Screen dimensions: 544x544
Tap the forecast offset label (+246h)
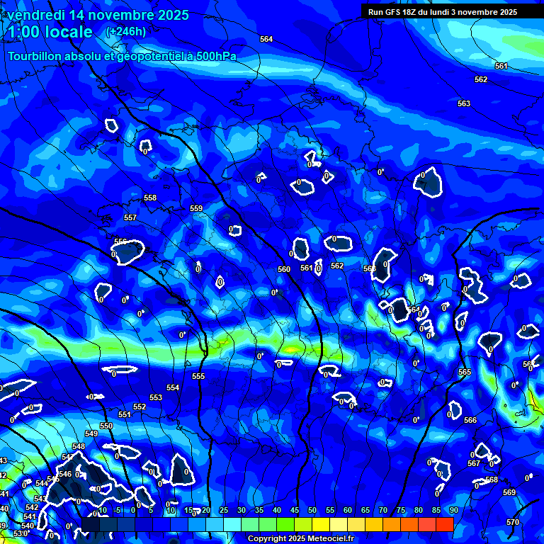[x=126, y=31]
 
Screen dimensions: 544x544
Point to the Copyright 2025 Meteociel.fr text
[x=300, y=538]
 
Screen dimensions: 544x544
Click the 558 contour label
[x=150, y=198]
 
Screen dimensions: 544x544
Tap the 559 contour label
[x=196, y=208]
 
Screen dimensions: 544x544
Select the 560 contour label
[x=284, y=269]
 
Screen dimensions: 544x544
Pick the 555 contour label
[x=198, y=376]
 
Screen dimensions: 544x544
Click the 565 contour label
[x=465, y=372]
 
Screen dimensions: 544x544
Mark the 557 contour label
[x=130, y=217]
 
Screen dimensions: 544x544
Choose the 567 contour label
[x=474, y=463]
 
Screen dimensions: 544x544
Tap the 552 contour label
[x=140, y=407]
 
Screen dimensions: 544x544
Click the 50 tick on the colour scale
[x=312, y=511]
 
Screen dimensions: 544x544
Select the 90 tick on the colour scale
[x=453, y=511]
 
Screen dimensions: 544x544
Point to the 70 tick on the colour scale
[x=383, y=511]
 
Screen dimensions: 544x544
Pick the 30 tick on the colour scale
[x=242, y=511]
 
